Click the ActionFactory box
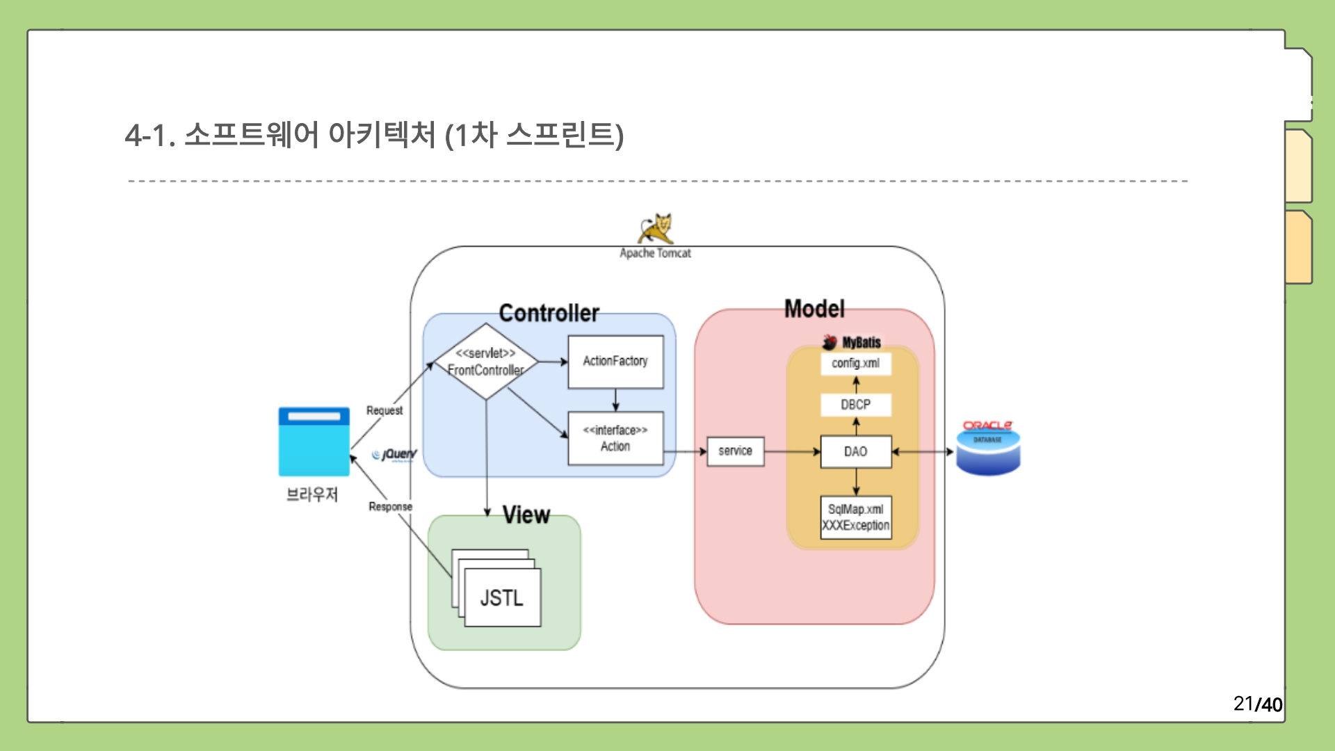coord(615,362)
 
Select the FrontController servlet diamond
coord(486,362)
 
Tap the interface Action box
coord(615,438)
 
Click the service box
coord(735,451)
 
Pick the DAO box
coord(855,452)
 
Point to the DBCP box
coord(855,405)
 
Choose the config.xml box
coord(855,363)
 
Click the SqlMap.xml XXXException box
coord(855,517)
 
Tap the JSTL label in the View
coord(501,598)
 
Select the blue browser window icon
coord(314,442)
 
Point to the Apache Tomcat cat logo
coord(656,229)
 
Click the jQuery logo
coord(395,455)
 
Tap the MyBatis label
coord(861,342)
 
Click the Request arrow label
coord(385,410)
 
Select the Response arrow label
coord(390,506)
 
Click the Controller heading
coord(549,313)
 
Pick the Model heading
coord(814,309)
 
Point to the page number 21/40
coord(1257,704)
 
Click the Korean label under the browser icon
coord(312,494)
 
